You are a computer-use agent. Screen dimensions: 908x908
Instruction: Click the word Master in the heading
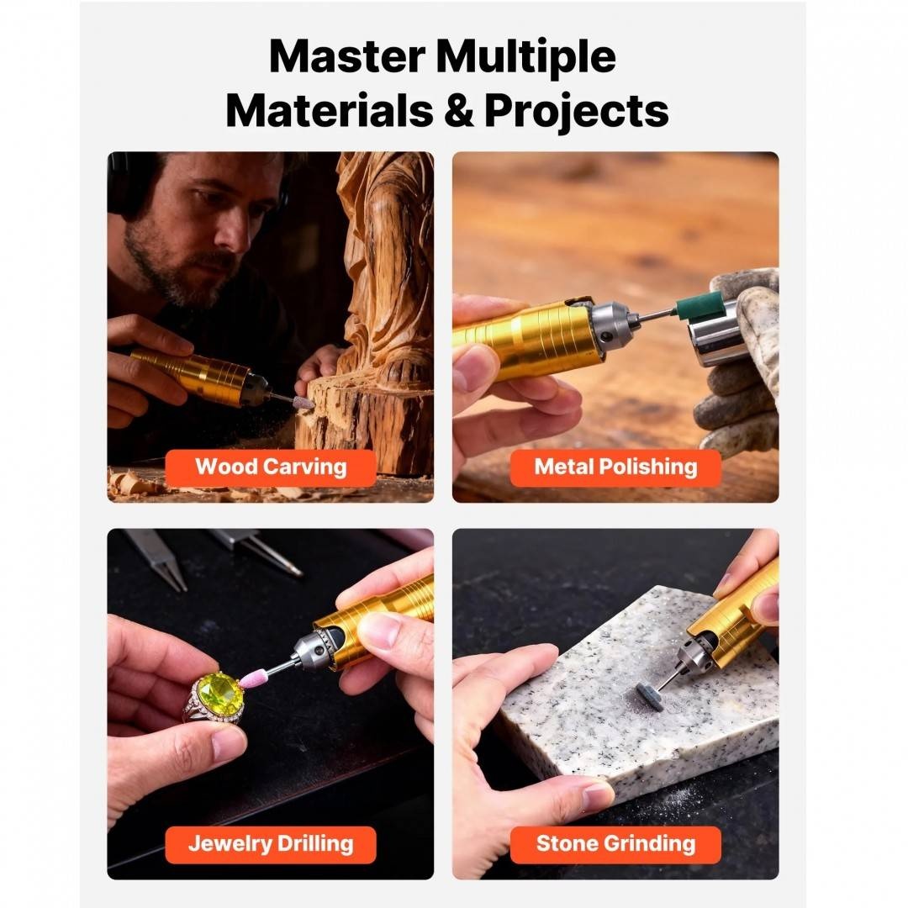[347, 56]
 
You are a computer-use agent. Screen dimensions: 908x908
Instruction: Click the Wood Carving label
[271, 467]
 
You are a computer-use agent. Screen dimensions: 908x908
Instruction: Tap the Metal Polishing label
[615, 467]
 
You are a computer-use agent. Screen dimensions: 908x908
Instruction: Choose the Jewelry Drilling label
[271, 844]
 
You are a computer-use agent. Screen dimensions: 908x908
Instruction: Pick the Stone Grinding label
[615, 844]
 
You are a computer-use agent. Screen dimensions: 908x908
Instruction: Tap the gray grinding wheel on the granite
[647, 691]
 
